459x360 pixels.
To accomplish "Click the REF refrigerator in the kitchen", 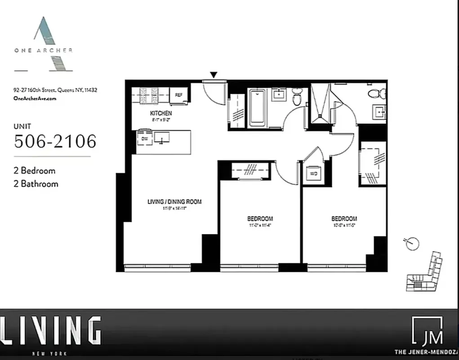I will (x=178, y=95).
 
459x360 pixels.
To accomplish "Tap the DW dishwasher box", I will (x=144, y=139).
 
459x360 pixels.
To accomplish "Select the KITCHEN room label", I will (x=160, y=113).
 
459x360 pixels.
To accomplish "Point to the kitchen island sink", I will (x=161, y=137).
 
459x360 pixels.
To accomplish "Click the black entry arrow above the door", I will (x=214, y=75).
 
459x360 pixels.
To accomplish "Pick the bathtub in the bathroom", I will (x=258, y=108).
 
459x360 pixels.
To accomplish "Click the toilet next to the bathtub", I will (x=297, y=96).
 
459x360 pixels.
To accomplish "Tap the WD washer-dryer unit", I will (x=313, y=173).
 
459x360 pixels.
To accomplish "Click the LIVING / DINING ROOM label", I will (x=174, y=202).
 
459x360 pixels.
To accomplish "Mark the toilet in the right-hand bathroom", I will (x=377, y=94).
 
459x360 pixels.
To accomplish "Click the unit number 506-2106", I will (x=55, y=142).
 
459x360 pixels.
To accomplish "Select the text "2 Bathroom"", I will (x=36, y=184).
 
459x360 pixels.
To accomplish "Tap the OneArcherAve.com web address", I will (x=35, y=99).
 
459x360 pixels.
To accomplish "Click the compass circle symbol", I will (x=412, y=243).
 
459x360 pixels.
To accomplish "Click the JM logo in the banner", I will (x=428, y=331).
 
